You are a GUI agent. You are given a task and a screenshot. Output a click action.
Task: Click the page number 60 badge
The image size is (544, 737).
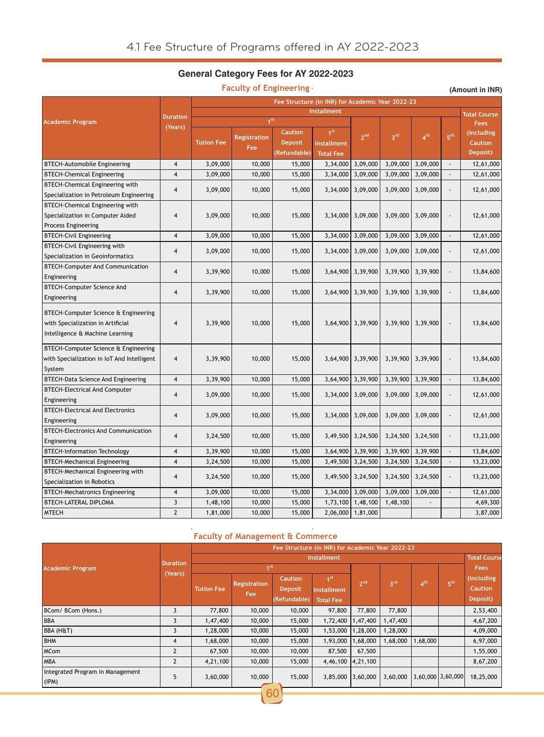(272, 693)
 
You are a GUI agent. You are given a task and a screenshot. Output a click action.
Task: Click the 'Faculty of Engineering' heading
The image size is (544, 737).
(265, 88)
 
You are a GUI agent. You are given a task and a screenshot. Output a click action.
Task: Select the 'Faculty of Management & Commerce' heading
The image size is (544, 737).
(265, 536)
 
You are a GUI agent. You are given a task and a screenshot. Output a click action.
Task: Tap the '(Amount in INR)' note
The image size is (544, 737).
(475, 90)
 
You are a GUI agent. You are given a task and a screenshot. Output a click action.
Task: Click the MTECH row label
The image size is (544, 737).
(53, 513)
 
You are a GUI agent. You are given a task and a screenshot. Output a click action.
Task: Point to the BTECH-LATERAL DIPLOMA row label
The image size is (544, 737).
(79, 503)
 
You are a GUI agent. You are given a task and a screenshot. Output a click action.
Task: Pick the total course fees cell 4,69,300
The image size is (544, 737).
(487, 503)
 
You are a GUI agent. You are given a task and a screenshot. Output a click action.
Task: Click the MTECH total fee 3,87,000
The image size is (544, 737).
(487, 513)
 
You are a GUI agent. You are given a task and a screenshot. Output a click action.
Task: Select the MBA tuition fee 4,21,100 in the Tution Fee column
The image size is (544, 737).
(217, 662)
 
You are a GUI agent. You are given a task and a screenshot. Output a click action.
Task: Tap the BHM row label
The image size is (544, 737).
(50, 641)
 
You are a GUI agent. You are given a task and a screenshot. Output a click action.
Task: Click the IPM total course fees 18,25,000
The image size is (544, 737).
(484, 677)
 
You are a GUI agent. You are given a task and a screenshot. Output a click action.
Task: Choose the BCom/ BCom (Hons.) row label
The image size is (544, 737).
(73, 611)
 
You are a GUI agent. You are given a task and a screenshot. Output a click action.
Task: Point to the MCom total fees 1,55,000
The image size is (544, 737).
(485, 651)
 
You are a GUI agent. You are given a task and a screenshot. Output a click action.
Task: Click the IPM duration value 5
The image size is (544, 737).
(175, 677)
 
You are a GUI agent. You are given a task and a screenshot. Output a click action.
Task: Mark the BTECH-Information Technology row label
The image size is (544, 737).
(87, 452)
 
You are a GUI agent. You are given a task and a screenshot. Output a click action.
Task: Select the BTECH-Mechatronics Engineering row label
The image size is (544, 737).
(89, 492)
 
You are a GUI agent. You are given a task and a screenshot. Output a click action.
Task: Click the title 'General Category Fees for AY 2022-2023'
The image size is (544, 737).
(265, 74)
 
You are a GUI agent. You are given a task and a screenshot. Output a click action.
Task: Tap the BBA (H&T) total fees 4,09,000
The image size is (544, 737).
(485, 631)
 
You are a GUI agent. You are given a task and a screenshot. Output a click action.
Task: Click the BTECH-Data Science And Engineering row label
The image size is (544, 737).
(95, 379)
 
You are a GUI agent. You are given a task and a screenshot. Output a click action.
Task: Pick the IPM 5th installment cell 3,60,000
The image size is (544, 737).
(451, 677)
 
